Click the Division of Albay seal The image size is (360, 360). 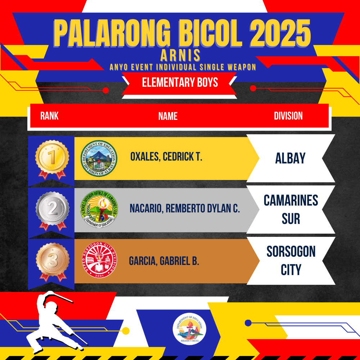[99, 158]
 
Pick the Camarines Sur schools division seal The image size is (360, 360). [99, 209]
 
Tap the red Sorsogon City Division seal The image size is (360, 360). [100, 260]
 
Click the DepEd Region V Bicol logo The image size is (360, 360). [189, 329]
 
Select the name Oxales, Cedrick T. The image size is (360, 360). [166, 157]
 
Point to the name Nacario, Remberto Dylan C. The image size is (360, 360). [185, 208]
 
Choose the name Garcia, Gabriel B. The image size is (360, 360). [164, 261]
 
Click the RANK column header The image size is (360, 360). [49, 116]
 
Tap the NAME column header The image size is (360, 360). [168, 116]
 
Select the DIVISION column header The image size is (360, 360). [288, 116]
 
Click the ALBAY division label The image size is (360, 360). [290, 158]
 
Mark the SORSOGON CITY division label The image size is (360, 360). [291, 261]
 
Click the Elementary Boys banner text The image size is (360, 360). [180, 82]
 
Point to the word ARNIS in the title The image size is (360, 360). [180, 55]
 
